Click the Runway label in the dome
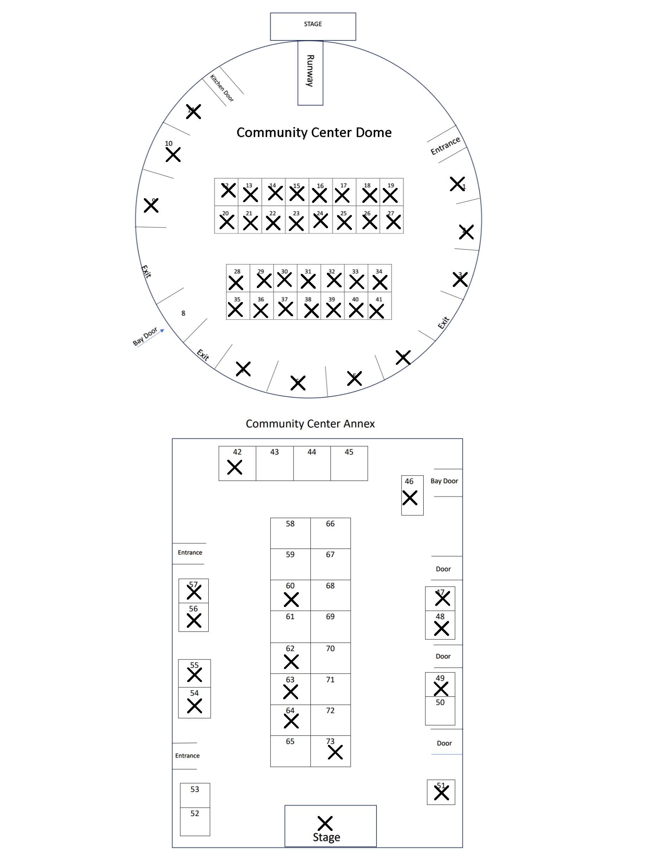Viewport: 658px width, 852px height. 310,71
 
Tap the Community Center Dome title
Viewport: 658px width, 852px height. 314,133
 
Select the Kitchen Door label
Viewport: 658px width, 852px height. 222,88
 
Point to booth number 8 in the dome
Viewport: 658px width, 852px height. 183,313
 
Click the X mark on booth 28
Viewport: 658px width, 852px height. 236,283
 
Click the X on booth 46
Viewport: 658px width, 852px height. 410,498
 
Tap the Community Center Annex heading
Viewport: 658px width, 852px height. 310,424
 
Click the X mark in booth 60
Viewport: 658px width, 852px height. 291,600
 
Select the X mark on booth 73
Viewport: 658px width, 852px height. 335,752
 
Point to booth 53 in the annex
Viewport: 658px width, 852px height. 195,795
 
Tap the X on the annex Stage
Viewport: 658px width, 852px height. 325,823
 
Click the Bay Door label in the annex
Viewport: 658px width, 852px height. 444,481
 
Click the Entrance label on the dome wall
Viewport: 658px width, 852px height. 445,145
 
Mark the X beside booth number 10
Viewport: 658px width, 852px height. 173,155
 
